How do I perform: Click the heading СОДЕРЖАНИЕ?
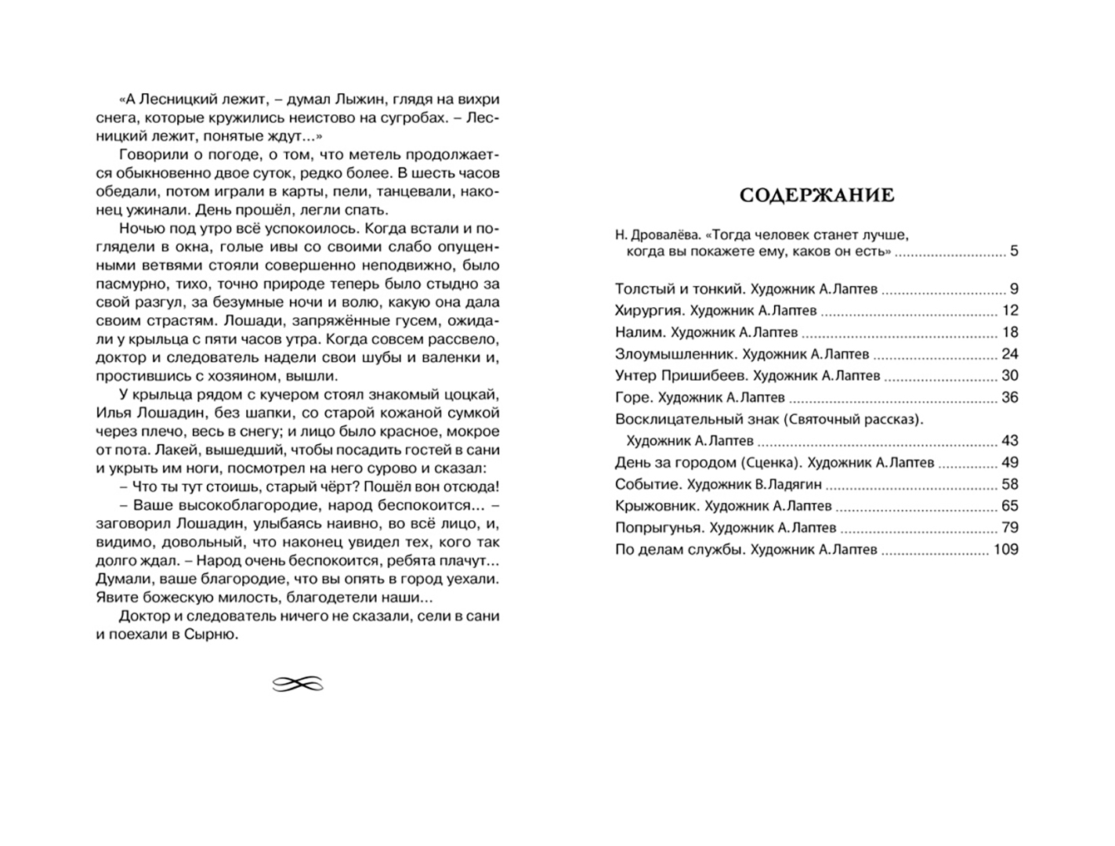click(816, 194)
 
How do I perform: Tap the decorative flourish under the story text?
click(298, 685)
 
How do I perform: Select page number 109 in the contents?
click(1005, 549)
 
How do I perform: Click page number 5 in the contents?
click(1014, 251)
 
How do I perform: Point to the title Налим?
click(636, 332)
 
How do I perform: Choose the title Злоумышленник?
click(675, 354)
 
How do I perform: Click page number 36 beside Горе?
click(1009, 397)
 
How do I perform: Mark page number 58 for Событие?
click(1009, 484)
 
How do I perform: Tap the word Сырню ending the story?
click(211, 634)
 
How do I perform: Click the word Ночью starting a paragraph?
click(139, 228)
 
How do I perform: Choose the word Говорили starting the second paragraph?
click(150, 154)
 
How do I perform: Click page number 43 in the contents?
click(1009, 441)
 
